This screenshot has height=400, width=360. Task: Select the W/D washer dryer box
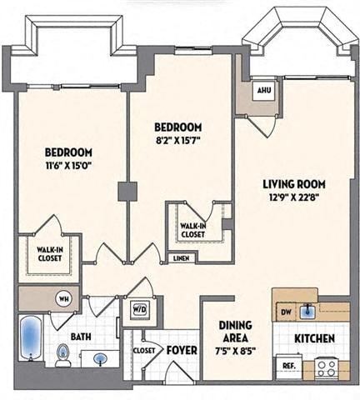pyautogui.click(x=138, y=307)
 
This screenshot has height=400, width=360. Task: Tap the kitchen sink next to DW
pyautogui.click(x=308, y=311)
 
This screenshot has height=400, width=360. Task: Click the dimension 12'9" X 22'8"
pyautogui.click(x=293, y=198)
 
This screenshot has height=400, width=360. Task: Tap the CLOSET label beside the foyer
pyautogui.click(x=142, y=351)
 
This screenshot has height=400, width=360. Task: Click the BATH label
pyautogui.click(x=81, y=337)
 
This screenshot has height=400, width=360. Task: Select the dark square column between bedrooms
pyautogui.click(x=127, y=191)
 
